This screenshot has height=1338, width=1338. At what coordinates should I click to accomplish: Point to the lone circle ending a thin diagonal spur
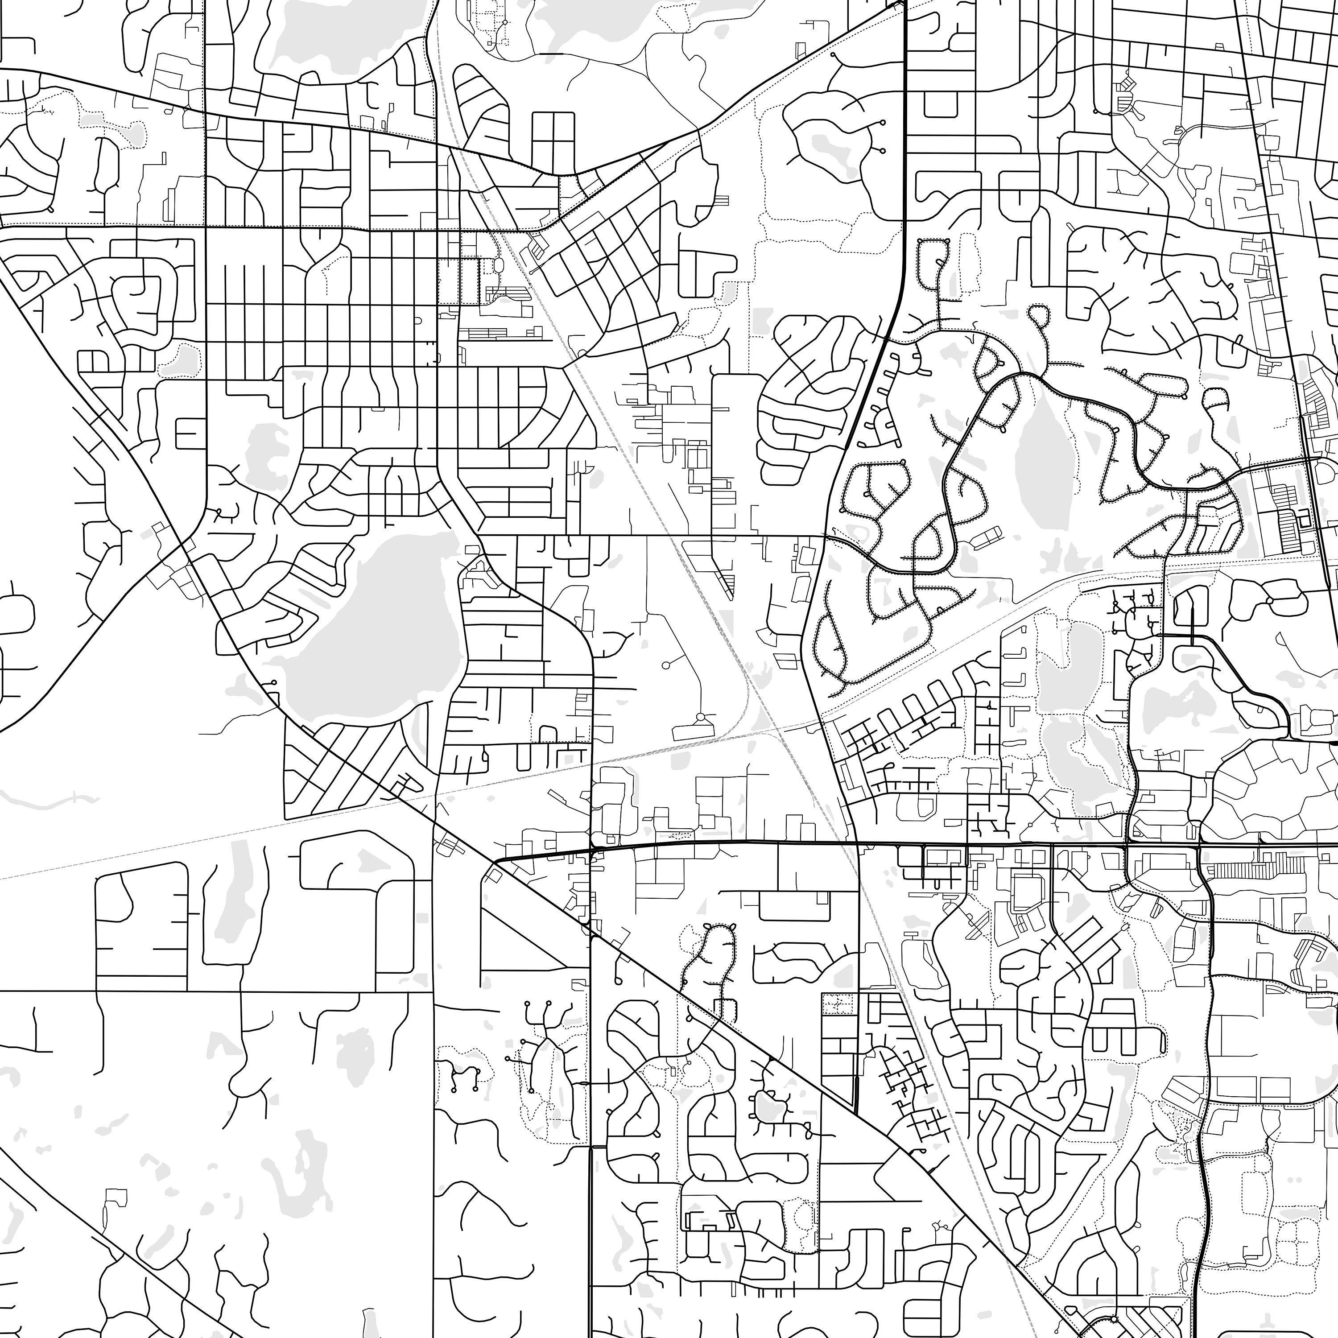(x=666, y=665)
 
